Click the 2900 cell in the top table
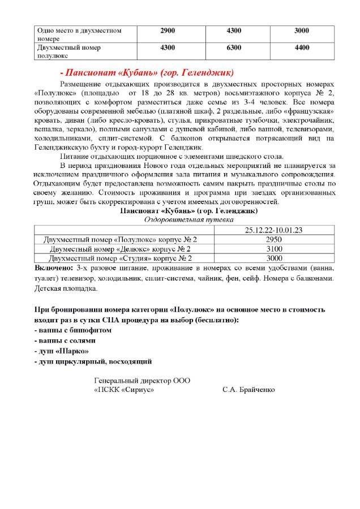tap(168, 30)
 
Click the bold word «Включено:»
tap(54, 267)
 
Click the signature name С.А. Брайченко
tap(248, 390)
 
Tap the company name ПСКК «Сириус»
tap(124, 390)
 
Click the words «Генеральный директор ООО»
tap(142, 380)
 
